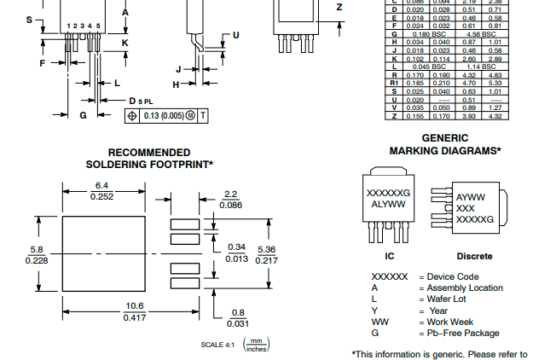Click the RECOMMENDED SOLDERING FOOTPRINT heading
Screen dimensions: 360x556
tap(149, 158)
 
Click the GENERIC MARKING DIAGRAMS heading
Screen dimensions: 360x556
tap(445, 144)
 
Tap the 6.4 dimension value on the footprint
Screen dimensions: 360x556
tap(101, 185)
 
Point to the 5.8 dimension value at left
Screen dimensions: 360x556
tap(36, 249)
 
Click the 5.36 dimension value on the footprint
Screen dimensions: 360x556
tap(266, 249)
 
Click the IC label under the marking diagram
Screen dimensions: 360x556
tap(390, 256)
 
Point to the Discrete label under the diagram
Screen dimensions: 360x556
tap(474, 256)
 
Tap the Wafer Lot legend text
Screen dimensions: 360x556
tap(449, 299)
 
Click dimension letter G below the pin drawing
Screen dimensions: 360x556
tap(83, 114)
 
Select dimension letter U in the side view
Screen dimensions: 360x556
tap(235, 35)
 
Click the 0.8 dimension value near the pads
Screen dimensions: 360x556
tap(237, 312)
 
